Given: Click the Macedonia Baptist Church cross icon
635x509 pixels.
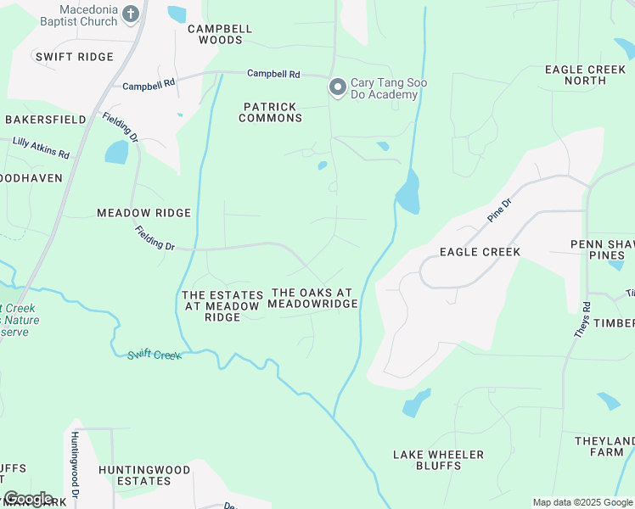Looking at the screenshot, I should click(130, 13).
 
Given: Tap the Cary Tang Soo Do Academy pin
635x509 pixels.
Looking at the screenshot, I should click(337, 87).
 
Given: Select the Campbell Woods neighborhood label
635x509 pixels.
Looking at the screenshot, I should click(220, 34).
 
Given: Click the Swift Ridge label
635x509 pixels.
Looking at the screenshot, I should click(74, 57).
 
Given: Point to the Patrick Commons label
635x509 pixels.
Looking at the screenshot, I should click(270, 112).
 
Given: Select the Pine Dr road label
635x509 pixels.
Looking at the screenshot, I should click(500, 210).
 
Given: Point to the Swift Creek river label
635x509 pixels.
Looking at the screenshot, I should click(155, 354).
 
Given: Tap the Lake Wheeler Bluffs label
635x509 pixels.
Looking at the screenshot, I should click(438, 460).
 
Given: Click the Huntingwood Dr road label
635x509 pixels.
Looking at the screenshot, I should click(75, 464).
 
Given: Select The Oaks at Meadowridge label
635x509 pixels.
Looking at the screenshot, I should click(312, 298).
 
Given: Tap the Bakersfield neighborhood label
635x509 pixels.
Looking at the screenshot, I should click(46, 120).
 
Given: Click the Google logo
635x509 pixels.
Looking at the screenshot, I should click(28, 498).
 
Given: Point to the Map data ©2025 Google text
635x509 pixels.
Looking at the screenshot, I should click(581, 502).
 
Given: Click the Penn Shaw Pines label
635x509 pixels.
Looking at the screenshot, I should click(602, 249).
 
